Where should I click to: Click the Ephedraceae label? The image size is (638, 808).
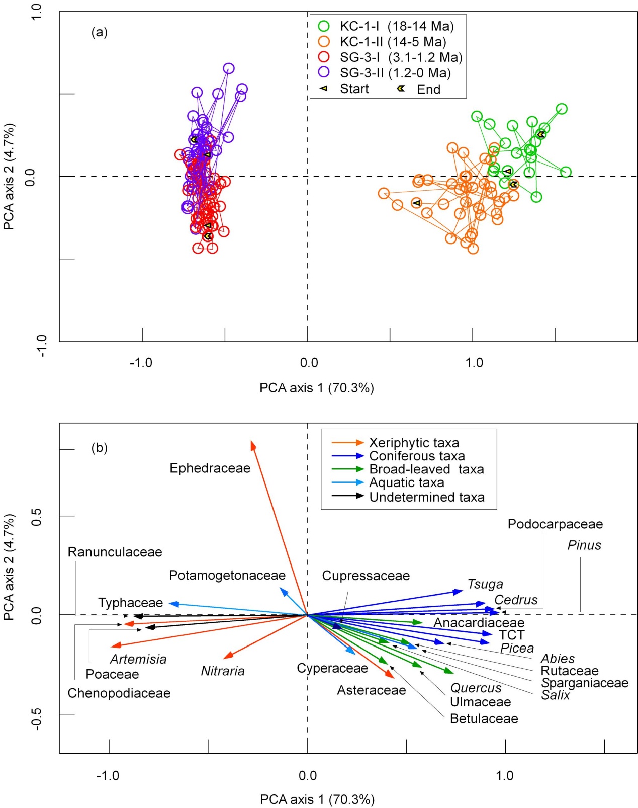210,468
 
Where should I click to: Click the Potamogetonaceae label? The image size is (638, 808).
227,575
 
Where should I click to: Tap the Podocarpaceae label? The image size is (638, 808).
555,524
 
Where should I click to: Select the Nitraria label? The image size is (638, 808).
223,671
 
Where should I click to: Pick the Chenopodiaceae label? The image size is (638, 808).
119,693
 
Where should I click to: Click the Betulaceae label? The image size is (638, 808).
484,718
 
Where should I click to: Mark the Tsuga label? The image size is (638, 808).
485,584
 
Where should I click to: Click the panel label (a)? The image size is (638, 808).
99,32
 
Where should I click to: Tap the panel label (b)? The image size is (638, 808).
99,448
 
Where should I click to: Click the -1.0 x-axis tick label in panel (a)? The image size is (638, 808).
141,363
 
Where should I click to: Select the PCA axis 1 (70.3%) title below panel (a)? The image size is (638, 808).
317,388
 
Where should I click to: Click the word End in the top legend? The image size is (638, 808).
428,89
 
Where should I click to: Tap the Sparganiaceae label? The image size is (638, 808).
585,683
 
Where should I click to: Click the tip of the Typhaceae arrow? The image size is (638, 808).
170,603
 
